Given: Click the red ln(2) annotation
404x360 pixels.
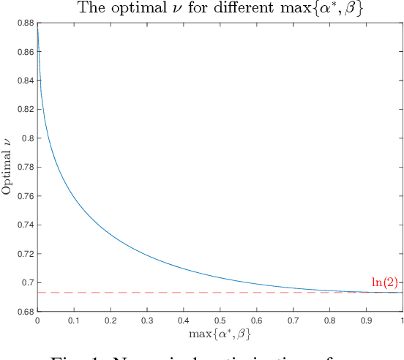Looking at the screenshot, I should point(384,282).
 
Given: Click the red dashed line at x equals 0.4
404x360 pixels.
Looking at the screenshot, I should point(183,293).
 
